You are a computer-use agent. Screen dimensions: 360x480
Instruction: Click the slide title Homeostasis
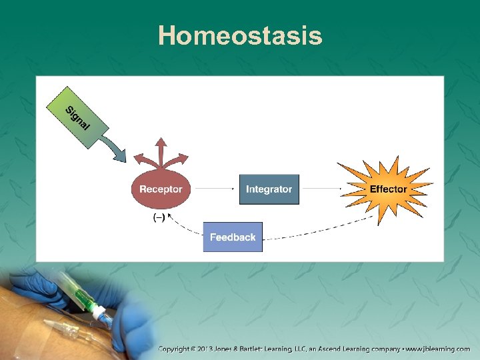click(x=240, y=35)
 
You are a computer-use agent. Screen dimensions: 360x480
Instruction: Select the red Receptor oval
click(x=161, y=189)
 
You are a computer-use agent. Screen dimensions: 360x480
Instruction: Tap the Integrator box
click(x=269, y=189)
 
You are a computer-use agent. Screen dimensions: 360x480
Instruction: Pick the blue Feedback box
click(x=233, y=237)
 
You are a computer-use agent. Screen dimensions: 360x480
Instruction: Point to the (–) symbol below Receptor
click(x=159, y=217)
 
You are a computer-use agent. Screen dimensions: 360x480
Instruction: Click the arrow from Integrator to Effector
click(x=320, y=189)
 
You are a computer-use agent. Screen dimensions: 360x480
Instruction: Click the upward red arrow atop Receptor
click(x=161, y=150)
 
